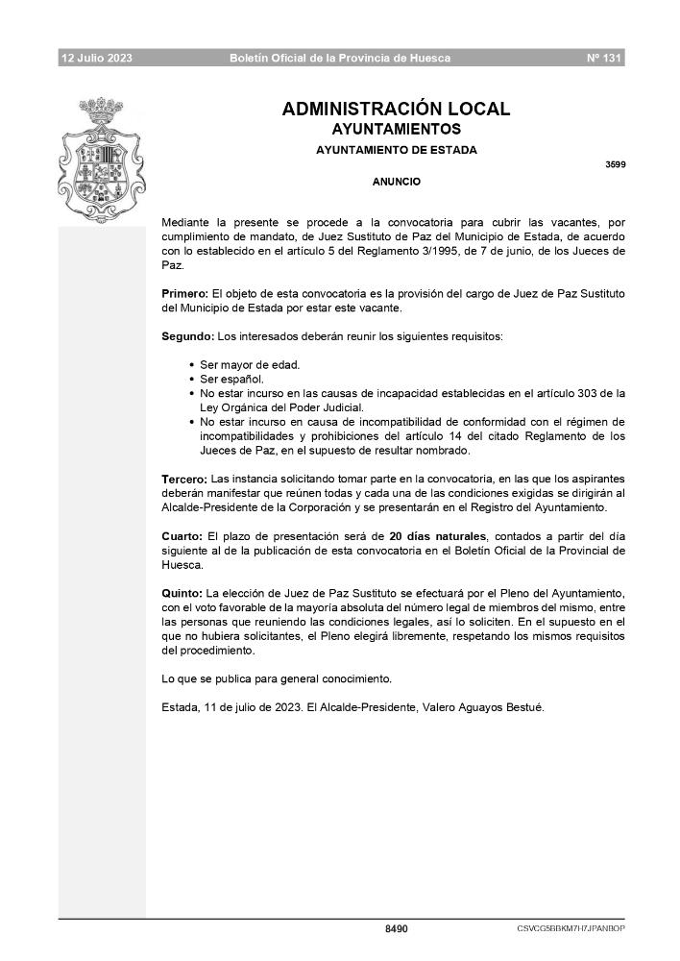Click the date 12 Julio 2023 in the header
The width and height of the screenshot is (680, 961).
click(x=97, y=59)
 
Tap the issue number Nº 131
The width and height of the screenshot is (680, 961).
click(x=605, y=59)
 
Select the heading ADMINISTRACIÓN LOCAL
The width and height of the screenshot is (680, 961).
click(x=396, y=110)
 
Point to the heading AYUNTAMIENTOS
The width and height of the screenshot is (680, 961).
click(x=396, y=129)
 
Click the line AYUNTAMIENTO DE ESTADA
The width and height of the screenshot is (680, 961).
click(x=396, y=150)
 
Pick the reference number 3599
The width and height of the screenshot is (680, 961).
click(x=615, y=164)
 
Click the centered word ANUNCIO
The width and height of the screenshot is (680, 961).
click(x=396, y=181)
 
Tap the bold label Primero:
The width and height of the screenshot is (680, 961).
click(x=184, y=292)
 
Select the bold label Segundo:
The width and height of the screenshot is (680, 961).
click(x=187, y=336)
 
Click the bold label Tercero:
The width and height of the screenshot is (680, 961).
click(x=184, y=478)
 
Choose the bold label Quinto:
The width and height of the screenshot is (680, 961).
click(x=182, y=594)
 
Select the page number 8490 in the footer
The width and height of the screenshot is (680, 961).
click(x=396, y=929)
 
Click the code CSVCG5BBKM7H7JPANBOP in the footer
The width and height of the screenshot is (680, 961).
click(x=571, y=929)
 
